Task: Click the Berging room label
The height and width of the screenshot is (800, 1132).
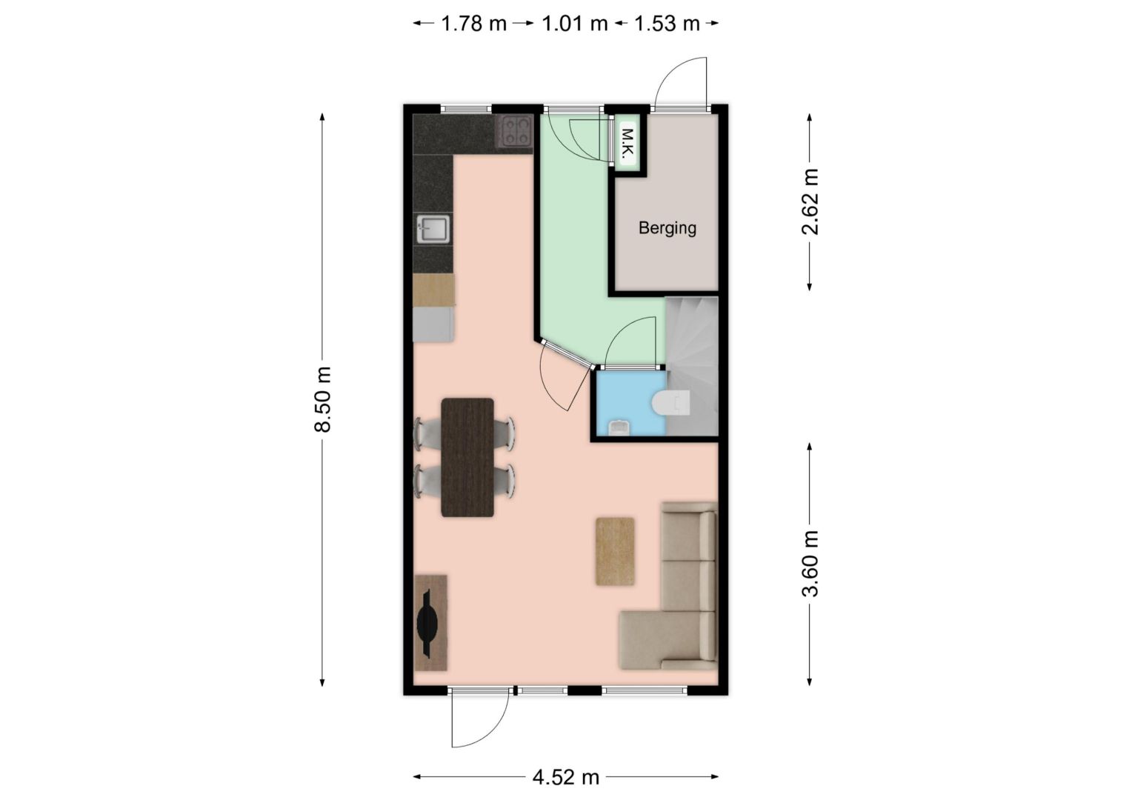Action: (667, 228)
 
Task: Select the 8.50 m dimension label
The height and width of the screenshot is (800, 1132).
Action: (322, 399)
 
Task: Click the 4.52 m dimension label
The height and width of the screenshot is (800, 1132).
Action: (565, 776)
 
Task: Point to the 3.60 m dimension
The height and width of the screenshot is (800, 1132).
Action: (810, 564)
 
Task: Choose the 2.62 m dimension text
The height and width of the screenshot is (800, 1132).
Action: (810, 201)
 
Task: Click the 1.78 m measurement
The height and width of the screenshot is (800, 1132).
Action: (473, 23)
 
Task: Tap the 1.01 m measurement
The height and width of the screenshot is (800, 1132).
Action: (575, 23)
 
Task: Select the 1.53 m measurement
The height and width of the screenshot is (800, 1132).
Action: (667, 23)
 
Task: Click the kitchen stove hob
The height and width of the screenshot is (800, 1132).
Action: (514, 131)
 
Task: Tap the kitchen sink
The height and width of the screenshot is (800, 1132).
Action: (433, 229)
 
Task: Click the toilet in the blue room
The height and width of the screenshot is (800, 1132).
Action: (670, 403)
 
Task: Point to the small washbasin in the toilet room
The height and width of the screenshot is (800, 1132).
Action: (618, 427)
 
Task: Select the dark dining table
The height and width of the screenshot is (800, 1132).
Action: (467, 457)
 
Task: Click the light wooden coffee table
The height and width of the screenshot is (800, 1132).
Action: (615, 551)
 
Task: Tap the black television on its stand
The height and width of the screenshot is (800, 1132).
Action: (427, 623)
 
